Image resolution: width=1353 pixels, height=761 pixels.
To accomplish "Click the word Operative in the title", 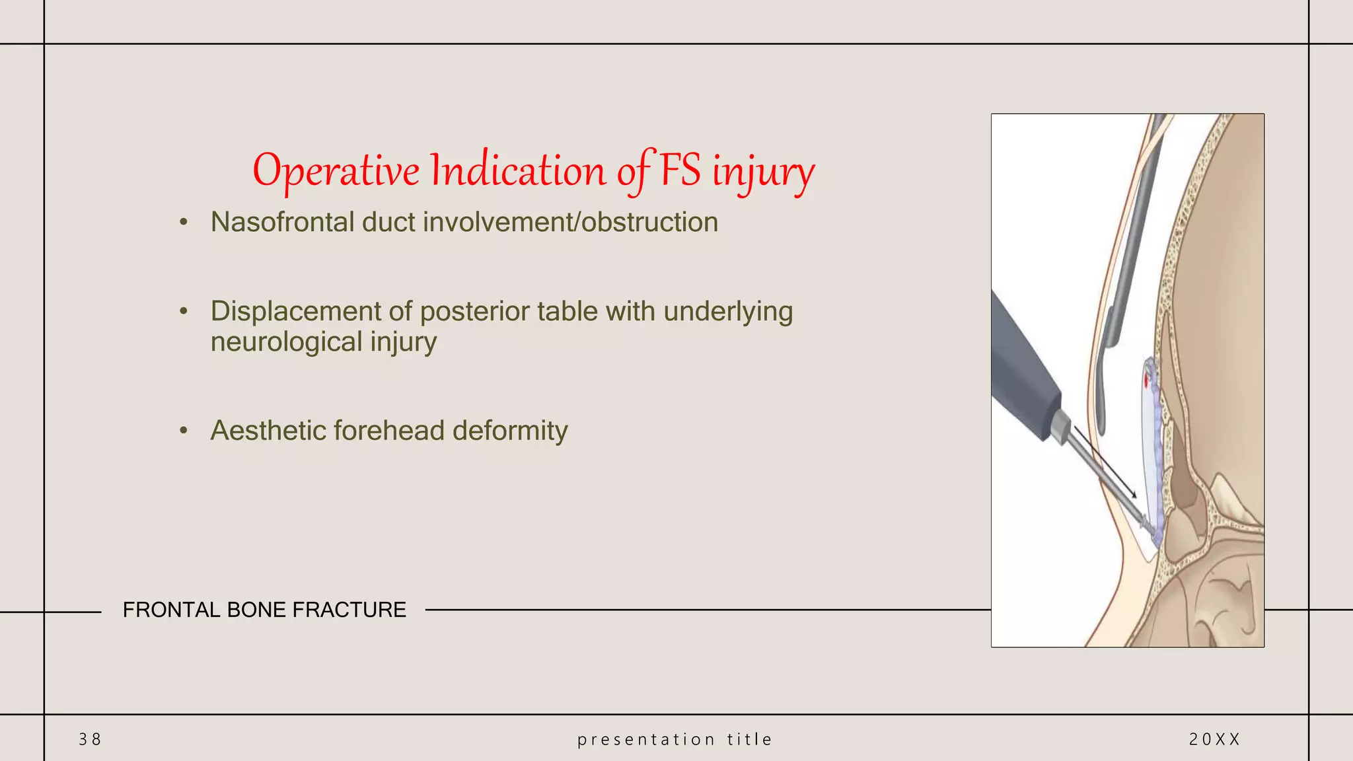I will (x=336, y=171).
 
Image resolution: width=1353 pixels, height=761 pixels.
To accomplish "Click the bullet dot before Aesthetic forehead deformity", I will (x=184, y=431).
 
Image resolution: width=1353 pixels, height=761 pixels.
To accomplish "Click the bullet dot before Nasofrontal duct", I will (x=184, y=223).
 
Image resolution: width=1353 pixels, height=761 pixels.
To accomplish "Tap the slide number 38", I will (x=90, y=739).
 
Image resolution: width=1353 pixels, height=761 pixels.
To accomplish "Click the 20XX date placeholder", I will (x=1214, y=739).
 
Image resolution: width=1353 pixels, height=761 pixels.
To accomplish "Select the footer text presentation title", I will (x=675, y=739).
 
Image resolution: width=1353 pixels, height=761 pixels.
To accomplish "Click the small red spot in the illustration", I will (x=1146, y=380).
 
